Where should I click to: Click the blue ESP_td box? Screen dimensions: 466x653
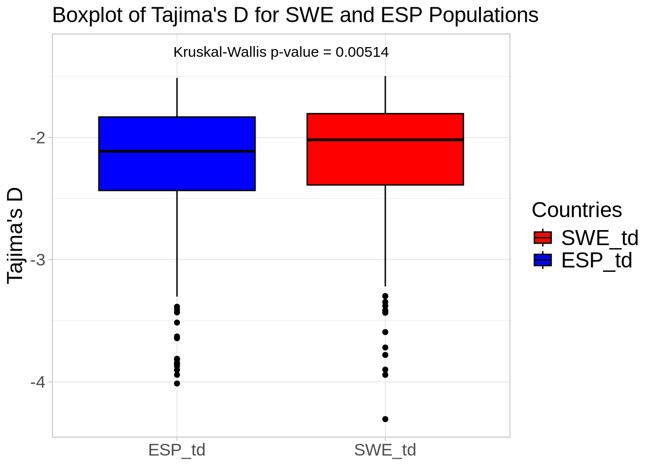177,170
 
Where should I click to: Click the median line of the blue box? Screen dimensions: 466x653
177,151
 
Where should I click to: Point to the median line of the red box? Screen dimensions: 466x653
385,140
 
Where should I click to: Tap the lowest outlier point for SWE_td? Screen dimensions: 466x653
385,419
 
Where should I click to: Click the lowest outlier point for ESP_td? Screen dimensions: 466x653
177,383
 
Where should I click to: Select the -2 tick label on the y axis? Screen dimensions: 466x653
37,138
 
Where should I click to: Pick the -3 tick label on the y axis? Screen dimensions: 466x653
37,260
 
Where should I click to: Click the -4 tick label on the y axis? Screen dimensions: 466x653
37,382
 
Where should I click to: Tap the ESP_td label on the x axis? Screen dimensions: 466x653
177,450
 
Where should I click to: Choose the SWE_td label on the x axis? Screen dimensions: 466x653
385,450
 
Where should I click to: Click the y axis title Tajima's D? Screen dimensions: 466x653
15,235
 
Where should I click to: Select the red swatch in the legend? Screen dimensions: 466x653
543,237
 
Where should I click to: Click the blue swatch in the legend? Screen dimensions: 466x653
543,260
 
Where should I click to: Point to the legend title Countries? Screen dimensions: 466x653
577,210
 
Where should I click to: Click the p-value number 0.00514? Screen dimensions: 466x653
362,52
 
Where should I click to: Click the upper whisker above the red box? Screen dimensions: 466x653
385,95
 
